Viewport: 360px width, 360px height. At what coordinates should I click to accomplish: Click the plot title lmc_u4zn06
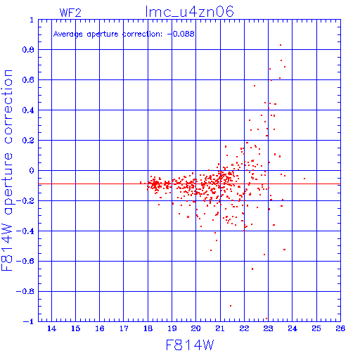[x=190, y=12]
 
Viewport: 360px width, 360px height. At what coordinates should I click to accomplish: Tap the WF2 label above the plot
[x=70, y=13]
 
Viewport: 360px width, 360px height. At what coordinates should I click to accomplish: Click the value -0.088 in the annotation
[x=181, y=34]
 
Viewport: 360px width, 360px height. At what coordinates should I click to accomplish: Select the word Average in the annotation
[x=68, y=34]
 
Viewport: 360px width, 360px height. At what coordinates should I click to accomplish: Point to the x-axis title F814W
[x=190, y=345]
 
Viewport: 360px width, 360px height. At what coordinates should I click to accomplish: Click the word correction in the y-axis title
[x=8, y=107]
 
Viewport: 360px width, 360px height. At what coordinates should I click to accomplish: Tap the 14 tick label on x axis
[x=51, y=328]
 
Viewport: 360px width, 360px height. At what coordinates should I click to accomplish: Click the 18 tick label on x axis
[x=148, y=328]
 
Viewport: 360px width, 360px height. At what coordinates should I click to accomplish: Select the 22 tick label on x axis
[x=244, y=328]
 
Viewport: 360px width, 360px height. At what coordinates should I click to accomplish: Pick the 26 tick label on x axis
[x=340, y=328]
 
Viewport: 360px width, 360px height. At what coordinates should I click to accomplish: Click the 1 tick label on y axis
[x=32, y=20]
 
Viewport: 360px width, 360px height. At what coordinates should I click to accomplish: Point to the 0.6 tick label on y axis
[x=28, y=80]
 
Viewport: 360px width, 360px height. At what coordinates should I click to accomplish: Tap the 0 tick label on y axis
[x=32, y=171]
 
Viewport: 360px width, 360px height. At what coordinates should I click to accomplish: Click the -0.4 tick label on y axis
[x=25, y=231]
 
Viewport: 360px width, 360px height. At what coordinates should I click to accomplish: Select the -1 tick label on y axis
[x=28, y=321]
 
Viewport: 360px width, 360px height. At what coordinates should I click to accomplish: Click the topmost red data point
[x=281, y=45]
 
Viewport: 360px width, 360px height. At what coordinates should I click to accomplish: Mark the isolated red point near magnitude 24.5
[x=304, y=179]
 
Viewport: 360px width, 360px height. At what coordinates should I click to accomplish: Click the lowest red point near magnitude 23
[x=266, y=319]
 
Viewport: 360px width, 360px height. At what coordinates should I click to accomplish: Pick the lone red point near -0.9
[x=231, y=306]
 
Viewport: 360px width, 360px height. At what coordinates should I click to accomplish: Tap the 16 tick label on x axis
[x=100, y=328]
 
